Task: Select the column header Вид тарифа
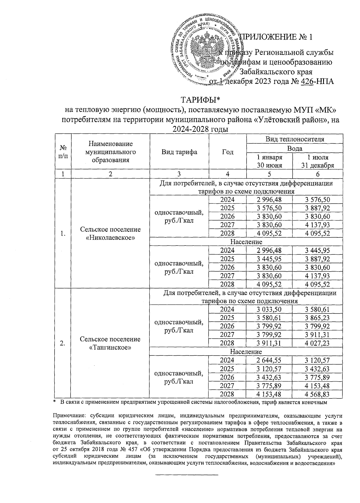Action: coord(179,152)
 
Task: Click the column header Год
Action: coord(227,152)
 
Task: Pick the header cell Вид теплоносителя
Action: coord(294,139)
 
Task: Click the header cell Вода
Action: coord(294,148)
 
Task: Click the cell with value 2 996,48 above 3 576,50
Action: coord(269,199)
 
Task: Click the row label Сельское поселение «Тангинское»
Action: coord(110,343)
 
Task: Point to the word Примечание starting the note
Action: coord(67,416)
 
